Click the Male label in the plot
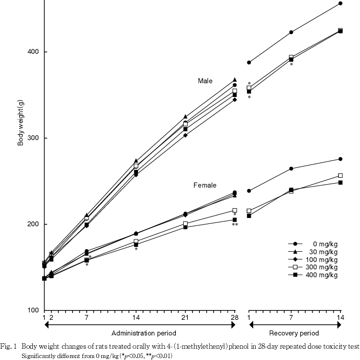(205, 80)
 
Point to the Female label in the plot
(205, 185)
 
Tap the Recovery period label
(295, 334)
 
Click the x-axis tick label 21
(185, 317)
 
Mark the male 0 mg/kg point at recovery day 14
(340, 3)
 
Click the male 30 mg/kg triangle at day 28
(235, 79)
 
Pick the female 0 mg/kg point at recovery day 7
(291, 168)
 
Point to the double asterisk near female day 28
(235, 225)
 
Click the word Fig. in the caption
(7, 346)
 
